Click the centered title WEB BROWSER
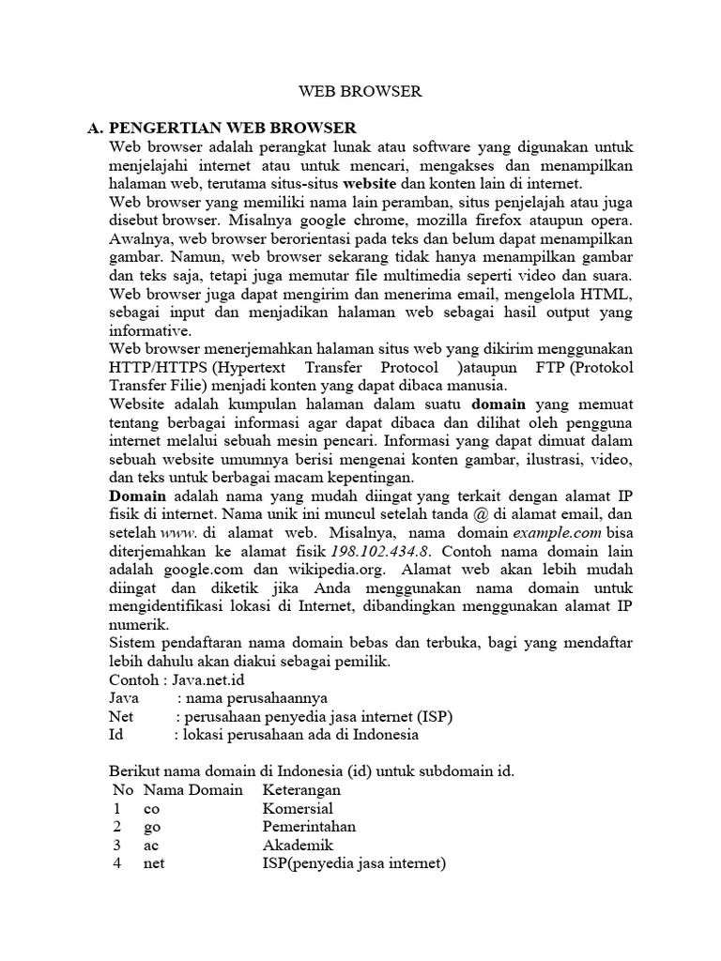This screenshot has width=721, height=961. (x=360, y=92)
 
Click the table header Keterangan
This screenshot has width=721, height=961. (x=301, y=790)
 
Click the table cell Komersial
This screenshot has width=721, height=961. (x=298, y=808)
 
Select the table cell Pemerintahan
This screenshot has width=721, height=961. (x=309, y=827)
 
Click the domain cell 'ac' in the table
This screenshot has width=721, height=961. (x=150, y=846)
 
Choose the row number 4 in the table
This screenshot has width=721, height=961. (x=117, y=863)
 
